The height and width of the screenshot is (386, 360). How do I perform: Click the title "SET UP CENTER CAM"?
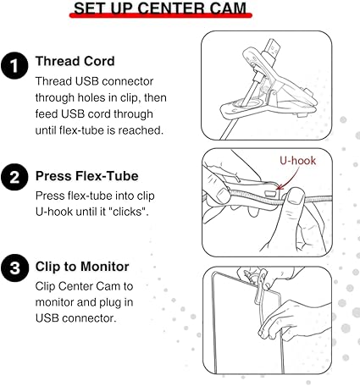pos(160,8)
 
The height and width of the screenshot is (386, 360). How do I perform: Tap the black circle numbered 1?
pos(14,65)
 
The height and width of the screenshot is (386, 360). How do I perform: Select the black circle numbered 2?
pos(14,177)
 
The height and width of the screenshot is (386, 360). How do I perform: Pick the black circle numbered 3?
pos(14,267)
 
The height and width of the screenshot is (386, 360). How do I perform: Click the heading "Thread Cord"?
pos(75,61)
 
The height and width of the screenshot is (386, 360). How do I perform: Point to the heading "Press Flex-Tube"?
pos(87,176)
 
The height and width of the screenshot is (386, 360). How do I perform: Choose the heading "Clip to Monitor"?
pos(82,267)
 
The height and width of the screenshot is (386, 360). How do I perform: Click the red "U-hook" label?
pos(297,161)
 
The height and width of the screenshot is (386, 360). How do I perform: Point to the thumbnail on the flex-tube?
pos(296,196)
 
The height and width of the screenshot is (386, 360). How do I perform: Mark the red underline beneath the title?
pos(161,15)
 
